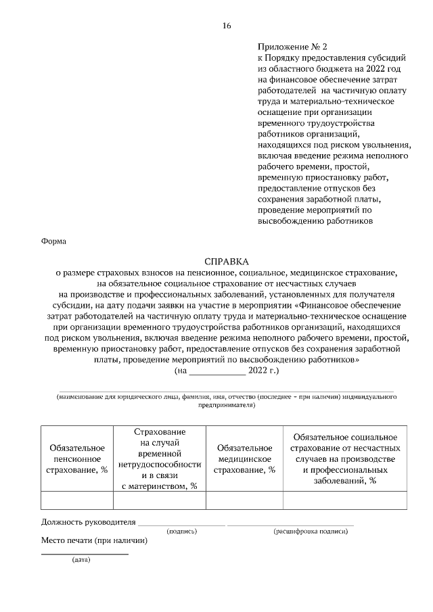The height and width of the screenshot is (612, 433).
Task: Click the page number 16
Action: [x=227, y=26]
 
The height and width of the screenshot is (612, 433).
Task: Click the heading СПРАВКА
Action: [x=227, y=261]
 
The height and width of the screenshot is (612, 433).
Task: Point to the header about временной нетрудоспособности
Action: [x=160, y=458]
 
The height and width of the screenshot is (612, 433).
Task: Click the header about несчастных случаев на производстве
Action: [x=345, y=458]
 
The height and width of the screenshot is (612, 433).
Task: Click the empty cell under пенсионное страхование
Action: [x=77, y=500]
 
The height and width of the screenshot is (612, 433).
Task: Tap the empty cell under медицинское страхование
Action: [x=244, y=500]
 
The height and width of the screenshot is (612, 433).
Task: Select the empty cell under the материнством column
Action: [x=160, y=500]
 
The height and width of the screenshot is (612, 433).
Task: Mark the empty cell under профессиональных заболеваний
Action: [x=345, y=500]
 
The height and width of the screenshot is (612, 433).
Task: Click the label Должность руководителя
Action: [x=89, y=522]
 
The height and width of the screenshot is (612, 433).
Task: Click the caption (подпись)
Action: [x=182, y=532]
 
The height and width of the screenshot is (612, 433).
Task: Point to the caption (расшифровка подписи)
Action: [x=311, y=532]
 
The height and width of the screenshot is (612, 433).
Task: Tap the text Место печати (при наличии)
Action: [x=94, y=540]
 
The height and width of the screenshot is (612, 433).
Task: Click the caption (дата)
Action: [x=81, y=560]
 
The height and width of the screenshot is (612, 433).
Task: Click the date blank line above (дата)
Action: [x=85, y=554]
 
